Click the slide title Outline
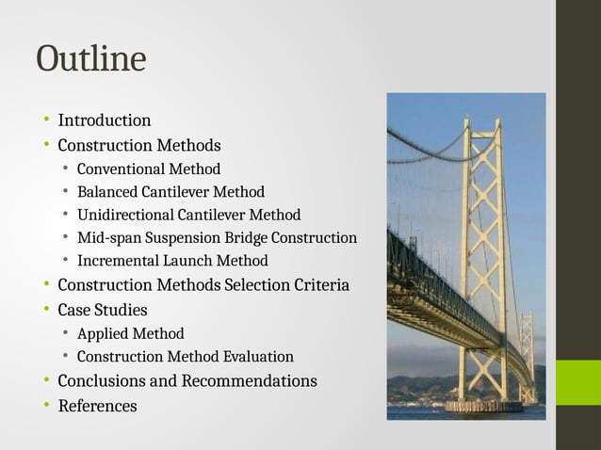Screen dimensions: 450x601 [x=90, y=59]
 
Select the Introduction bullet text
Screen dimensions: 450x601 [x=104, y=121]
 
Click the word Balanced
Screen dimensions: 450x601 [x=109, y=192]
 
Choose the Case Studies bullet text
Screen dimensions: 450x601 [x=102, y=310]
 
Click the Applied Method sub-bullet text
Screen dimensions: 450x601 [x=130, y=333]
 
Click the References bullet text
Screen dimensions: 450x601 [x=97, y=407]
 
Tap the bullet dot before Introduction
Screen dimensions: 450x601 [x=44, y=121]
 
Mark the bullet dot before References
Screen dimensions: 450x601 [x=44, y=407]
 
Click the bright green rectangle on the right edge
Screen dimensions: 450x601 [x=577, y=383]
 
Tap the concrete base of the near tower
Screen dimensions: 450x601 [x=483, y=407]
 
